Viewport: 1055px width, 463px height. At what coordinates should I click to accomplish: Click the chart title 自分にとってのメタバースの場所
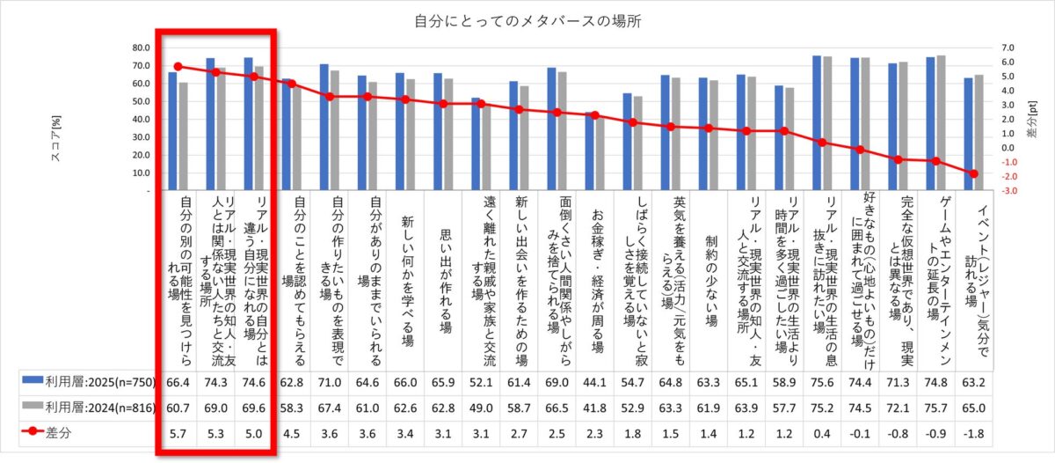[527, 20]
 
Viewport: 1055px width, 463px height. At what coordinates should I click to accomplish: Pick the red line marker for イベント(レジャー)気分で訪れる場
[973, 173]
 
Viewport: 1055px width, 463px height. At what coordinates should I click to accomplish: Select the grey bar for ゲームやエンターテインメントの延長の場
[942, 123]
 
